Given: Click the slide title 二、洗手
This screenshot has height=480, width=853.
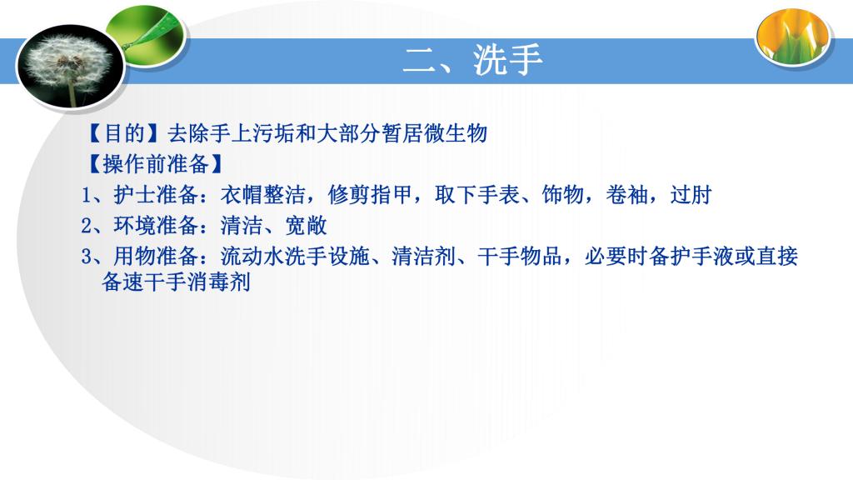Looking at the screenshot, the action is (472, 59).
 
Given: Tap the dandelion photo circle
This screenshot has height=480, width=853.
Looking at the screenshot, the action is (71, 67).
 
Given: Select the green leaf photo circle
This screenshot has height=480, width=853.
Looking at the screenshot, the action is (145, 36).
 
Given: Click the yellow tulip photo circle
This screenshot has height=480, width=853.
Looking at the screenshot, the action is (793, 37).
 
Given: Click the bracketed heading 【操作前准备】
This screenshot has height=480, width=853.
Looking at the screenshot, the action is (155, 164).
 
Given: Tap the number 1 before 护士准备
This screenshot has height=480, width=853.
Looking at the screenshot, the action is (87, 195).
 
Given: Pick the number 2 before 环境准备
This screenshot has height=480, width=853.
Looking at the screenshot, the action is (87, 225).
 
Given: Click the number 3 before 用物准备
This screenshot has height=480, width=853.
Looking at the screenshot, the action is (87, 257).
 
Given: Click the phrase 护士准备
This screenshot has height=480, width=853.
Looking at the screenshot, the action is (156, 195).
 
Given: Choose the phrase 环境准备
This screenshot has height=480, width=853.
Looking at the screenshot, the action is (156, 225).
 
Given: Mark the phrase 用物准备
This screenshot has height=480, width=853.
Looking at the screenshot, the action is (156, 257).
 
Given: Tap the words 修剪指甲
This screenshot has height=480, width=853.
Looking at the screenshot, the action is (370, 195).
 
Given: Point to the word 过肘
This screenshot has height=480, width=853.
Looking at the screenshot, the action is (691, 195).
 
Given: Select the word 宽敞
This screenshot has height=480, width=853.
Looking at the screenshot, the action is (306, 225).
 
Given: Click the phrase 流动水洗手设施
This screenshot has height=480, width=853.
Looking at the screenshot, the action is (295, 257).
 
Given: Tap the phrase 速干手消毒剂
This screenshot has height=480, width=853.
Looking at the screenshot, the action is (187, 282).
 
